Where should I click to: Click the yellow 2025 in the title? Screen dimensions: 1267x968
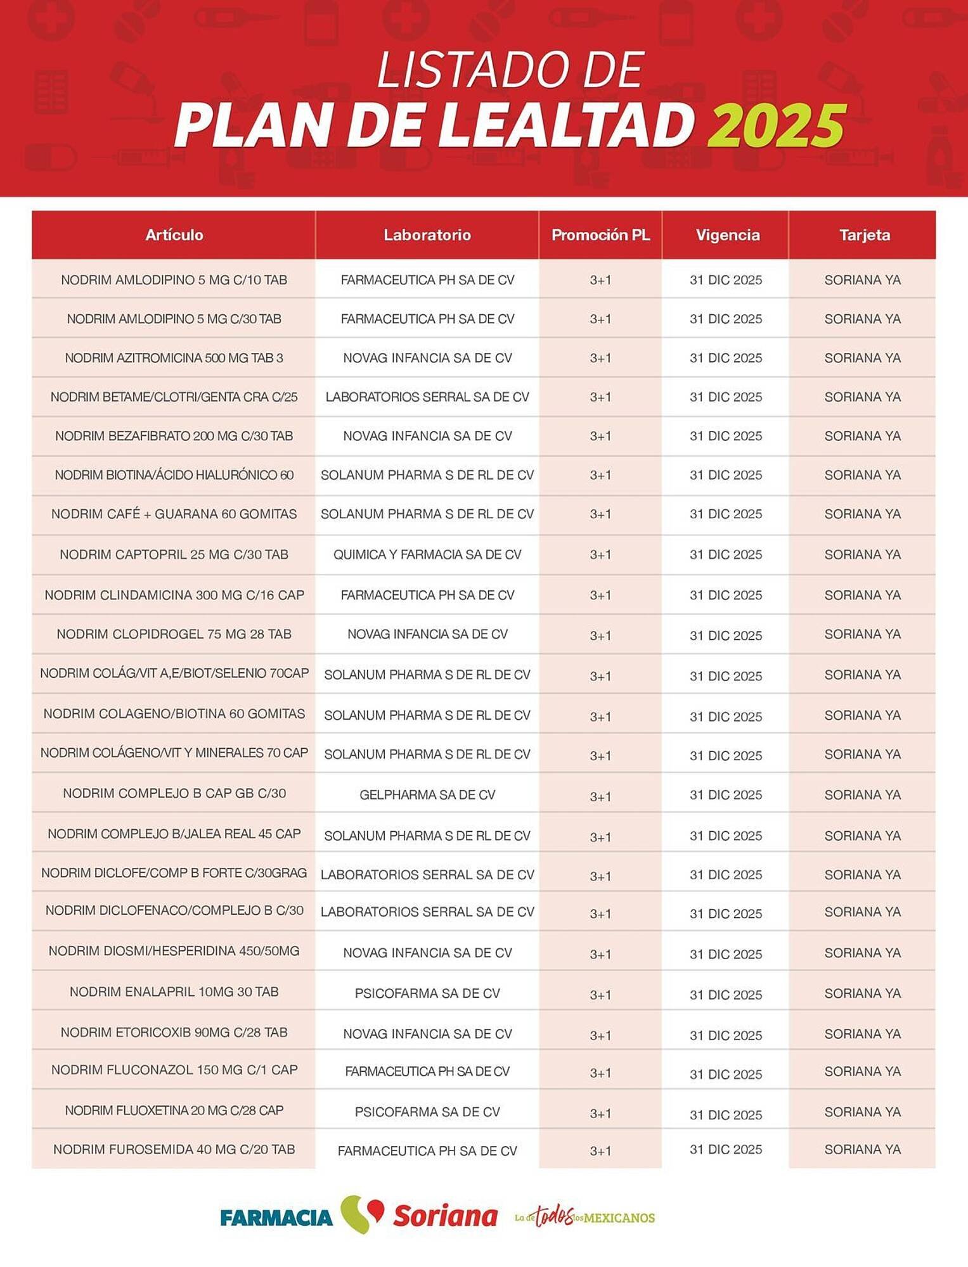[776, 125]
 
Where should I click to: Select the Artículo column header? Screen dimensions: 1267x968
[174, 235]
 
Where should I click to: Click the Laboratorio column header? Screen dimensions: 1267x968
[427, 235]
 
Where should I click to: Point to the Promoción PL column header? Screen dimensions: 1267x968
[600, 235]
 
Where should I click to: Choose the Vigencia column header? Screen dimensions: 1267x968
[727, 235]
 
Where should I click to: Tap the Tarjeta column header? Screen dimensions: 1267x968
[864, 235]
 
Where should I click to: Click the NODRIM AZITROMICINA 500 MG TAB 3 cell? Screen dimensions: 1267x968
[174, 358]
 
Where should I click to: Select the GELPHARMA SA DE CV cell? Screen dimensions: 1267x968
[427, 794]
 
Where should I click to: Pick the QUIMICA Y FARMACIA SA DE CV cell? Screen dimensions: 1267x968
[427, 555]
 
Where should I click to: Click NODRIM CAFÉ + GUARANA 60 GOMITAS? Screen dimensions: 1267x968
[174, 514]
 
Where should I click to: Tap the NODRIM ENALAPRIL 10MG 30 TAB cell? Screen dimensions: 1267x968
[174, 992]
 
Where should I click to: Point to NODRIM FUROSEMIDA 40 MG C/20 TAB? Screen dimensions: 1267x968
[174, 1149]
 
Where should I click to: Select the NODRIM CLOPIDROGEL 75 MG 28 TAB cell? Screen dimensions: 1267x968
[174, 634]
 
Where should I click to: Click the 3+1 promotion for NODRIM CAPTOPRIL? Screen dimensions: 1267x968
[600, 555]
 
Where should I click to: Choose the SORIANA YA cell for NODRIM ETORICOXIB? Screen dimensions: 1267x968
[862, 1034]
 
